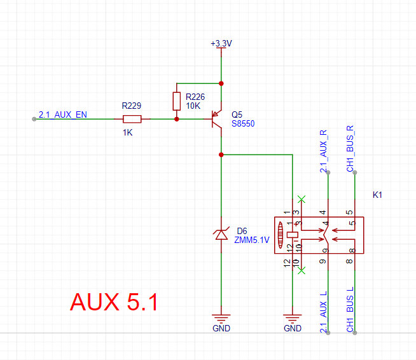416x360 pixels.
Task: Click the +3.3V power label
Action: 221,43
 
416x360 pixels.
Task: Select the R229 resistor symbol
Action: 132,119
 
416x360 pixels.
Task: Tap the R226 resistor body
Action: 177,101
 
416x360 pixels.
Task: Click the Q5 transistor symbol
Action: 217,119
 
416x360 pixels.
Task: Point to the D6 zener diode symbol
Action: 221,234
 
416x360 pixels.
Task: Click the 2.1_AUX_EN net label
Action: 63,114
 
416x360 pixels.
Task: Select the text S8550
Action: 243,123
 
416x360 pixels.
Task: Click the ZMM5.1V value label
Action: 252,240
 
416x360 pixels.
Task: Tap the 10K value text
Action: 193,106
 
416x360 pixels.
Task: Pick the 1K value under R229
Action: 128,132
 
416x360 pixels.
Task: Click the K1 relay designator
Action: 377,195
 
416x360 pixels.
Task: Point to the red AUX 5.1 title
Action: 114,302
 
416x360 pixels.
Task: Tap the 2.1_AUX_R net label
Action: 324,151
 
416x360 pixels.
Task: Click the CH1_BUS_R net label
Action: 350,149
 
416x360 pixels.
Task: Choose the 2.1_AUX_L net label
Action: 324,312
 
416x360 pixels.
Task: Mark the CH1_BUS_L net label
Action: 350,309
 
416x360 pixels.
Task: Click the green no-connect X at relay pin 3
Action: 302,199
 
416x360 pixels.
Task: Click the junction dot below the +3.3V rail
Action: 221,83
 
